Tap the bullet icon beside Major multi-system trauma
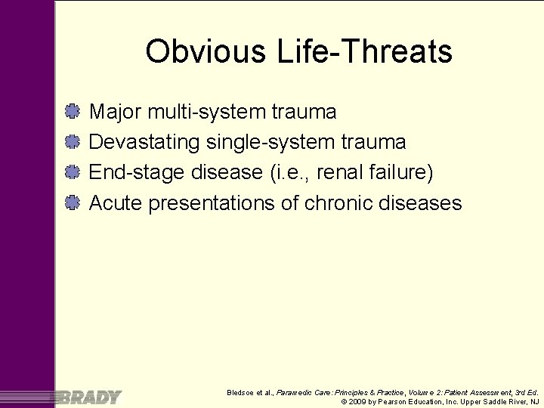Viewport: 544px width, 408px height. pyautogui.click(x=73, y=112)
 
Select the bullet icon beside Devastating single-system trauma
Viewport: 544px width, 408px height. pyautogui.click(x=73, y=142)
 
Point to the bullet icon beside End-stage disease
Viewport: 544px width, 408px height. pyautogui.click(x=73, y=172)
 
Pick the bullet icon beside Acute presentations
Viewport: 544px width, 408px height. pyautogui.click(x=73, y=202)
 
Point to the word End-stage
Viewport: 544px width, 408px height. pyautogui.click(x=138, y=172)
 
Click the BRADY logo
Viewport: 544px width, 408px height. pyautogui.click(x=88, y=397)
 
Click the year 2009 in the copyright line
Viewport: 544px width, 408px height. pyautogui.click(x=357, y=402)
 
